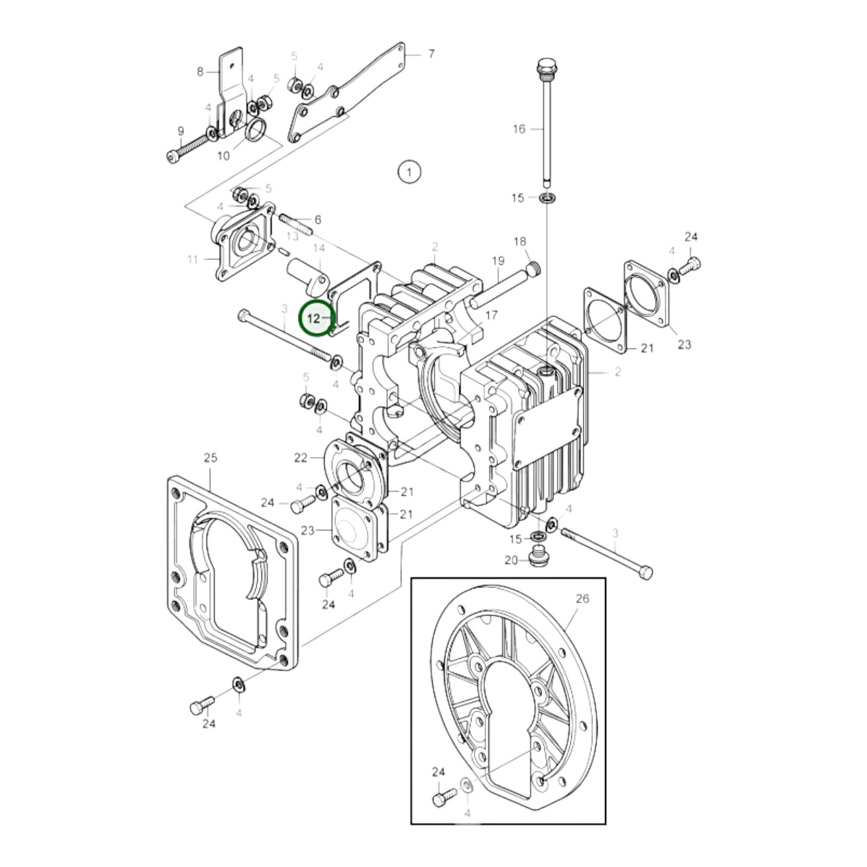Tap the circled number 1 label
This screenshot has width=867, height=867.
point(409,172)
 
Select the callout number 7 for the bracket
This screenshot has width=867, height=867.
point(431,54)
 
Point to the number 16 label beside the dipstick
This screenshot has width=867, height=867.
point(519,129)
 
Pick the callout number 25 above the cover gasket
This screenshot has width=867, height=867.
point(210,458)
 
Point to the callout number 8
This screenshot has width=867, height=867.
point(200,72)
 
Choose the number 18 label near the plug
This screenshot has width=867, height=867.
point(520,241)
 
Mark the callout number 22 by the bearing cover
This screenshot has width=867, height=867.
point(301,458)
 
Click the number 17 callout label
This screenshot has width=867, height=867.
point(491,315)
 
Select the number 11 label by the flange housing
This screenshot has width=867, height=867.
point(193,259)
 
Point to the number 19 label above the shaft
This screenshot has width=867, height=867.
point(498,260)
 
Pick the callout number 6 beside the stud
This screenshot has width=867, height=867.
point(318,220)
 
